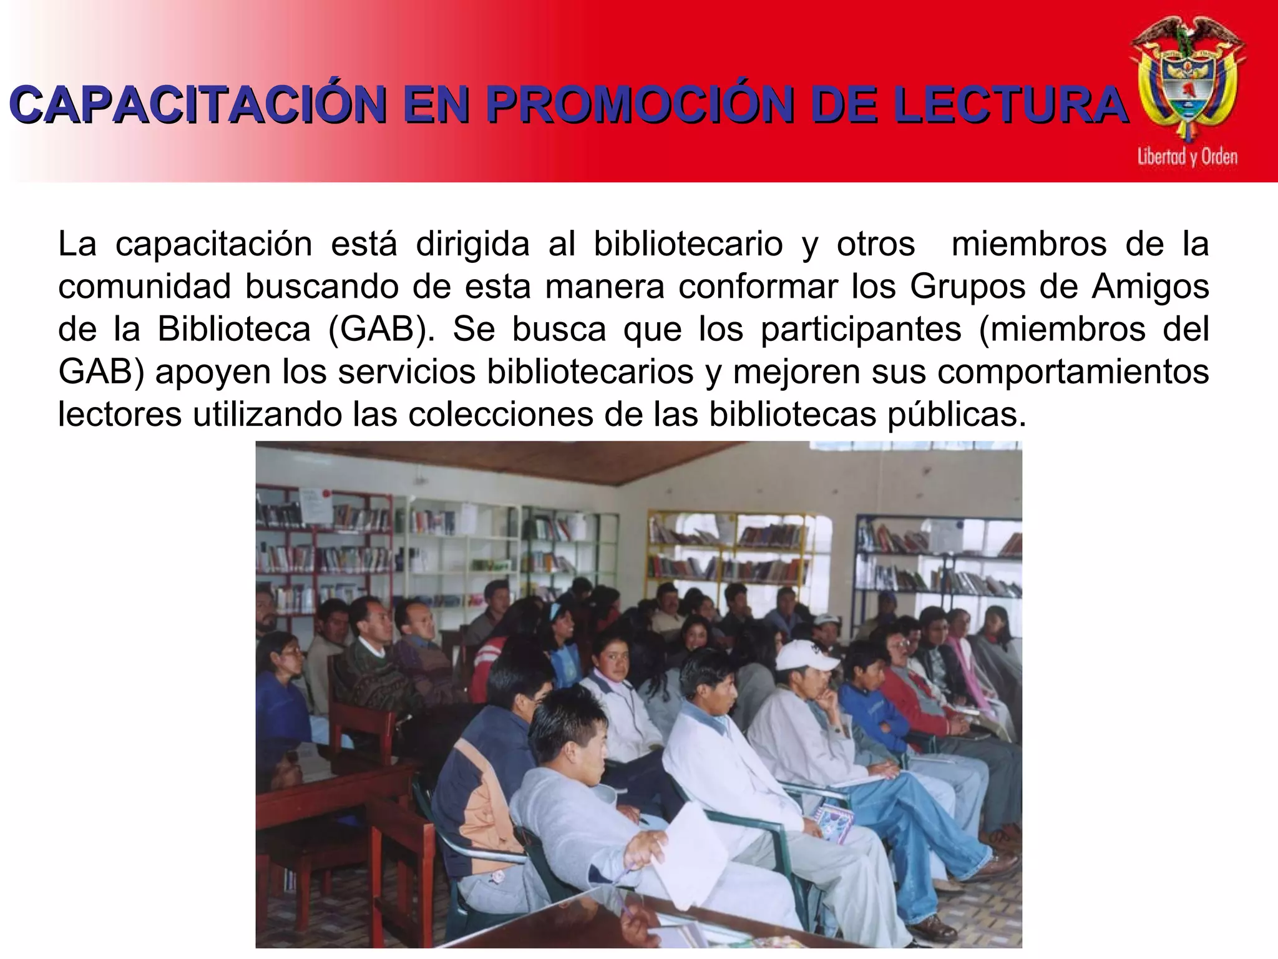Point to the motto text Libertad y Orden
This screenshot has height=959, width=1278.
(x=1187, y=156)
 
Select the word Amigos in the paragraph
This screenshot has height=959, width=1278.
(x=1150, y=287)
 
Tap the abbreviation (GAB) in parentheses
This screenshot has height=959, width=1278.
(x=381, y=329)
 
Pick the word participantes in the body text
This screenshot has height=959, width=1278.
(x=861, y=329)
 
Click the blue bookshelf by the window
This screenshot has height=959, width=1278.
(x=936, y=556)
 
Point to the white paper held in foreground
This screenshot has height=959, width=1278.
(x=693, y=849)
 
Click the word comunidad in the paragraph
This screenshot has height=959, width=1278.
(x=144, y=287)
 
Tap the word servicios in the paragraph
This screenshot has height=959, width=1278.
(x=409, y=371)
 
